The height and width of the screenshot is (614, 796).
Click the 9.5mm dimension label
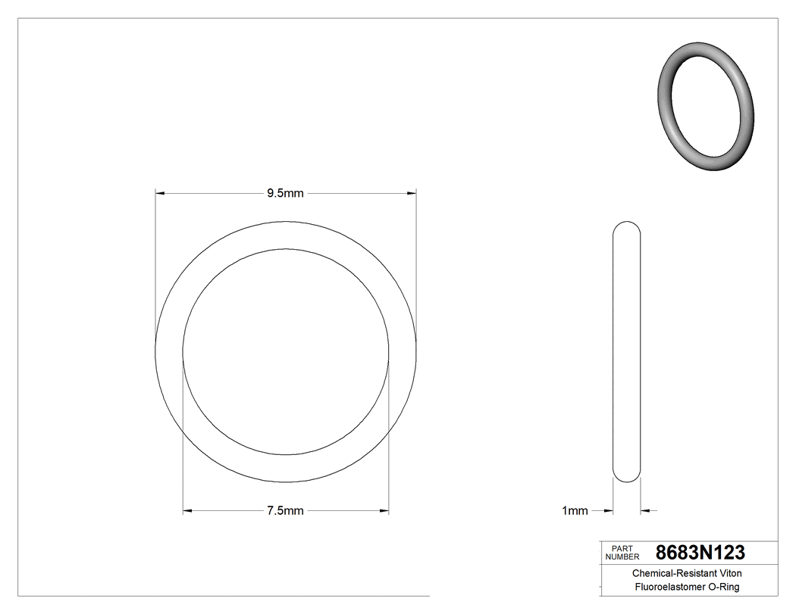click(285, 193)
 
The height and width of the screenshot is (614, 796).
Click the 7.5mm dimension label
click(285, 511)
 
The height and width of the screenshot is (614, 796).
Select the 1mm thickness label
click(575, 511)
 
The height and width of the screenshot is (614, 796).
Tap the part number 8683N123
click(700, 552)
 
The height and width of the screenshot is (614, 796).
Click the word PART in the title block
click(621, 548)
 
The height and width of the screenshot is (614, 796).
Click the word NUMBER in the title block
click(622, 556)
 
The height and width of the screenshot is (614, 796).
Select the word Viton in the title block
click(729, 574)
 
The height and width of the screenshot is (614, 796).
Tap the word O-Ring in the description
click(725, 587)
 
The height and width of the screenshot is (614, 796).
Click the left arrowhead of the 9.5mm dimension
click(160, 193)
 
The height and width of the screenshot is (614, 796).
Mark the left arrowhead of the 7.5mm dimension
click(188, 511)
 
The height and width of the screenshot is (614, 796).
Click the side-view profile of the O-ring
click(626, 351)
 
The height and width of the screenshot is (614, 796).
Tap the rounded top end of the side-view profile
click(626, 227)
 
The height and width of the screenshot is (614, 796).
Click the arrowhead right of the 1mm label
click(607, 511)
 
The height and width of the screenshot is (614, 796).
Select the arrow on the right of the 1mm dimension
click(645, 511)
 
